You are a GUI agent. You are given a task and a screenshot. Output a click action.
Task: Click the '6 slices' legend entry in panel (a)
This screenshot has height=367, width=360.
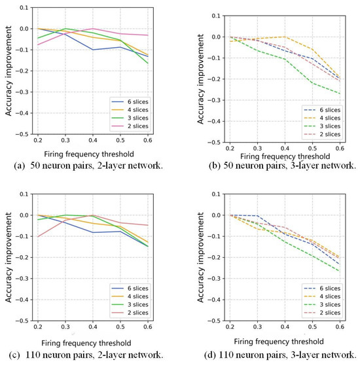pyautogui.click(x=130, y=102)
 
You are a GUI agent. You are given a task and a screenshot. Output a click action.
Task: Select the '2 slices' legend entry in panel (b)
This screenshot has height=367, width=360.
pyautogui.click(x=322, y=134)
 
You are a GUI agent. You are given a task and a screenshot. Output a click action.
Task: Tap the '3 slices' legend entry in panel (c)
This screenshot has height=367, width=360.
pyautogui.click(x=130, y=304)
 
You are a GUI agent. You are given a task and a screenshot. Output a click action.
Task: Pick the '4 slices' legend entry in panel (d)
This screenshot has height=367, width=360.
pyautogui.click(x=322, y=296)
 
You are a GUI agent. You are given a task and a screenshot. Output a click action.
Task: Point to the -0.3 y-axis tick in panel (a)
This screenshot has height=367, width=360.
pyautogui.click(x=22, y=92)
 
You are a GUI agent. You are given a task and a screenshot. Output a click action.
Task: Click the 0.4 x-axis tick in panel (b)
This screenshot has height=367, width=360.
pyautogui.click(x=285, y=148)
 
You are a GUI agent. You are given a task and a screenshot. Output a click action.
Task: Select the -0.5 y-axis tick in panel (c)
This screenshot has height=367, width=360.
pyautogui.click(x=22, y=321)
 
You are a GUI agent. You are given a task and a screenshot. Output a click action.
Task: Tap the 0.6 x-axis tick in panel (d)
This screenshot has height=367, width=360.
pyautogui.click(x=340, y=326)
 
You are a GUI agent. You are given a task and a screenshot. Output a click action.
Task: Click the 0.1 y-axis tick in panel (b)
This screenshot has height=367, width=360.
pyautogui.click(x=216, y=16)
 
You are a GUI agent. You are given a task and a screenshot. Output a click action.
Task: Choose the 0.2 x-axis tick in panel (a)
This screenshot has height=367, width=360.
pyautogui.click(x=38, y=140)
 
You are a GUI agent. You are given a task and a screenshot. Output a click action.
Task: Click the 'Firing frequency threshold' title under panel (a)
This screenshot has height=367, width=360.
pyautogui.click(x=89, y=154)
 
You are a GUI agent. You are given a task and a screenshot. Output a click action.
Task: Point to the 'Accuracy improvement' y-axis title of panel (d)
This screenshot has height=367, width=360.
pyautogui.click(x=200, y=258)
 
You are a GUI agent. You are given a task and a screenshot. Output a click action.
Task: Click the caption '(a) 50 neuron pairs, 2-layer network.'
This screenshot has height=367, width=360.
pyautogui.click(x=88, y=166)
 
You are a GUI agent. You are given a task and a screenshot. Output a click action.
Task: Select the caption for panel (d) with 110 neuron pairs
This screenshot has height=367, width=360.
pyautogui.click(x=280, y=355)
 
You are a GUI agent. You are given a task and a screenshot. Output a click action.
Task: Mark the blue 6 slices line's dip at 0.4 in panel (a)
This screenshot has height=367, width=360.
pyautogui.click(x=93, y=50)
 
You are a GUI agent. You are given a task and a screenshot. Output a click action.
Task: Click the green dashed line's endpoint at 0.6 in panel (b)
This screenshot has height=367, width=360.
pyautogui.click(x=340, y=94)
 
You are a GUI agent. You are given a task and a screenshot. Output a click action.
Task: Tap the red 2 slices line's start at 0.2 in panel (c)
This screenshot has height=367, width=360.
pyautogui.click(x=38, y=237)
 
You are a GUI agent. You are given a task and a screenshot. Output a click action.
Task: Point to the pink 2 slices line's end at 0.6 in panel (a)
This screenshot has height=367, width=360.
pyautogui.click(x=148, y=35)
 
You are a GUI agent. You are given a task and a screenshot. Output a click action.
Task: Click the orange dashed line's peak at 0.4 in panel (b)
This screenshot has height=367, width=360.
pyautogui.click(x=285, y=37)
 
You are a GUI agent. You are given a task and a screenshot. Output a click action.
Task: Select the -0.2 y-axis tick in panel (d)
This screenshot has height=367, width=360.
pyautogui.click(x=214, y=258)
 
